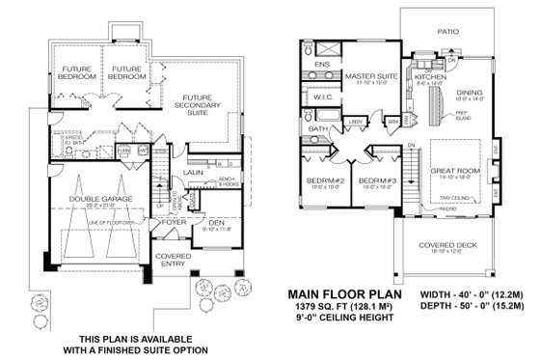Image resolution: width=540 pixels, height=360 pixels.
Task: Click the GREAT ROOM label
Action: point(457,171)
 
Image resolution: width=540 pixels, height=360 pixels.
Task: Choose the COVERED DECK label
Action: point(447,244)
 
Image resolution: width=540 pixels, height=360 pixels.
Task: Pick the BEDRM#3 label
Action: point(374,180)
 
